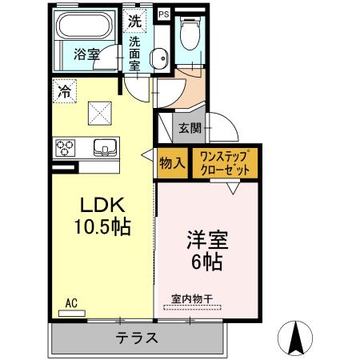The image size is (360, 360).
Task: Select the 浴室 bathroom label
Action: (x=87, y=55)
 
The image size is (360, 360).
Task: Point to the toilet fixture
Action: (x=190, y=35)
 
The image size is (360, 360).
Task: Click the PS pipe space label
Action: (x=164, y=14)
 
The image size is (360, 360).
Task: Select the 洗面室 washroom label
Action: (x=135, y=54)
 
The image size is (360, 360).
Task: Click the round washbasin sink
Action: (x=159, y=57)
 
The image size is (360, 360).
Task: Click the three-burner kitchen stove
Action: (x=65, y=148)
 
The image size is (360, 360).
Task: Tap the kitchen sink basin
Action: (x=105, y=147)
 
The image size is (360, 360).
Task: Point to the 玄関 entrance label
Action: (x=190, y=126)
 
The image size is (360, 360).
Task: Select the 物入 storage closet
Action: (x=172, y=163)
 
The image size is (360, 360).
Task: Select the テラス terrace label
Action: (x=135, y=338)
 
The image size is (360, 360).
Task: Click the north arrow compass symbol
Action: (x=298, y=338)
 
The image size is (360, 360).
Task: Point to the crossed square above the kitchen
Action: (x=100, y=113)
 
